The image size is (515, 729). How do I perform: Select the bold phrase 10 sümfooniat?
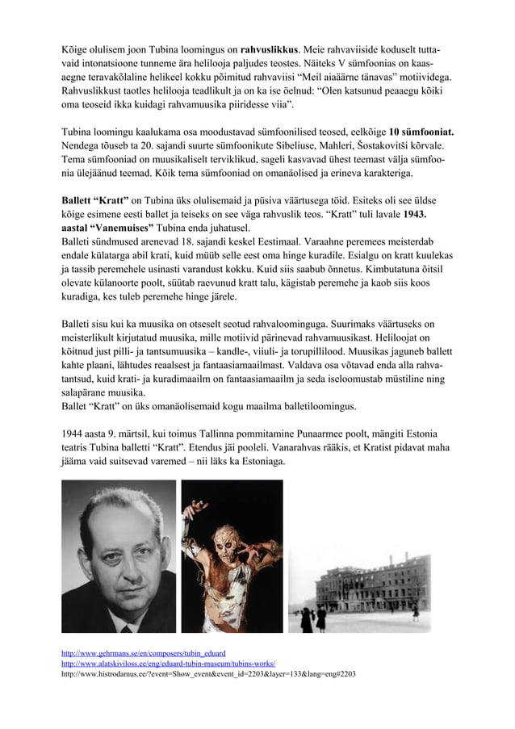click(x=421, y=131)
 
